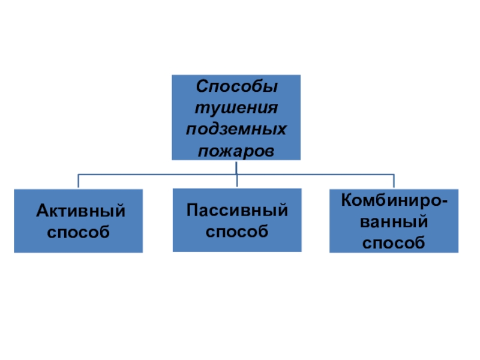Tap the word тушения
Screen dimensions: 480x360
(237, 108)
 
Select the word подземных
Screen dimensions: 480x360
(237, 129)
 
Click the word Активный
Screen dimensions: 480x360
(80, 210)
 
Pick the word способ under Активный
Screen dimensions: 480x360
(79, 231)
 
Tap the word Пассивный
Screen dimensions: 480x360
(237, 210)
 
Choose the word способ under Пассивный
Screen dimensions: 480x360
(237, 230)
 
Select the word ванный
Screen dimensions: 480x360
(394, 221)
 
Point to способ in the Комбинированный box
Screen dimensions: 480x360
(394, 242)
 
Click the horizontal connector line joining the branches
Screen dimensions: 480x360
(156, 175)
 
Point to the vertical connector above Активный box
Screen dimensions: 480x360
(79, 182)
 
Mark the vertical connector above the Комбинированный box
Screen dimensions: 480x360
(394, 182)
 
